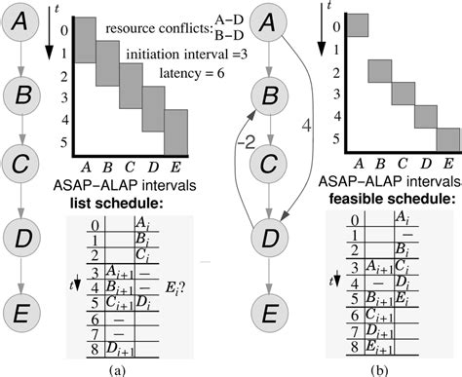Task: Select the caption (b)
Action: click(x=382, y=367)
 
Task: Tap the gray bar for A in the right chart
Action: click(x=359, y=25)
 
